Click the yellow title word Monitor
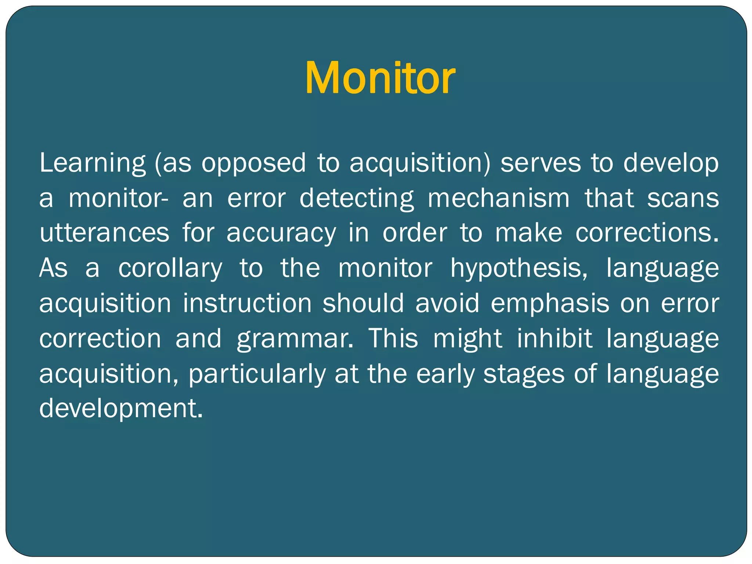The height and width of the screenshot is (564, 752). tap(380, 78)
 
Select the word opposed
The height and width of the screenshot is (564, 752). tap(253, 163)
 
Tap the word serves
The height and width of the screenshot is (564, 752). tap(540, 163)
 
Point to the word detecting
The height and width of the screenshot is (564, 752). tap(357, 198)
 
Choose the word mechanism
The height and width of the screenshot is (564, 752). tap(499, 198)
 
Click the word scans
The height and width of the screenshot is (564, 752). tap(683, 198)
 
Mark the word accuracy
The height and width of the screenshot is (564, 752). tap(281, 234)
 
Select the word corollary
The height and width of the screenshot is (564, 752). tap(170, 268)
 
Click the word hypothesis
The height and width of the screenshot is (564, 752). tap(519, 268)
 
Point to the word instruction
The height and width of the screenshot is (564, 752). tap(247, 303)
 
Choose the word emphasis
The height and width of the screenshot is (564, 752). tap(550, 303)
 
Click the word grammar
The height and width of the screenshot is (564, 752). tap(295, 339)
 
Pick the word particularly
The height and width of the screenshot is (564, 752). tap(257, 374)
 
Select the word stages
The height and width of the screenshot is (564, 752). tap(524, 374)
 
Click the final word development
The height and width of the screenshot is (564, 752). tap(121, 408)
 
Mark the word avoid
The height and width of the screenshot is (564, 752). tap(447, 303)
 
